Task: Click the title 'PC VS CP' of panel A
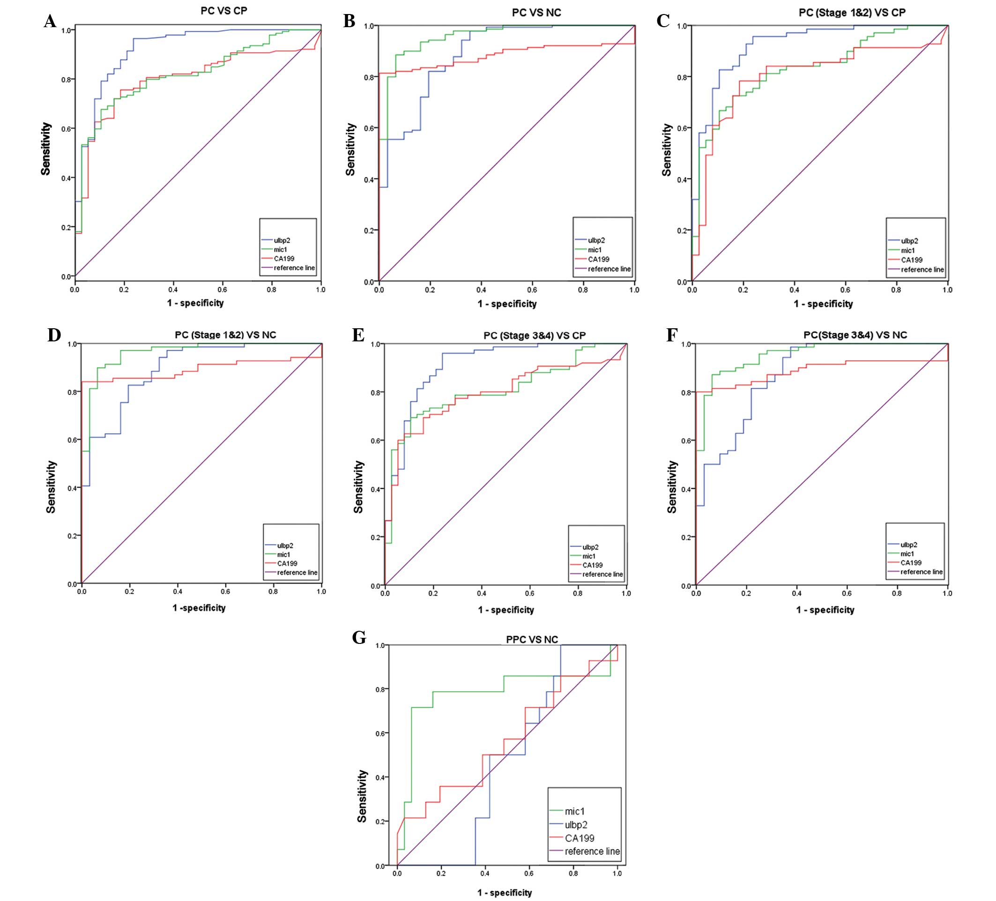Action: [224, 11]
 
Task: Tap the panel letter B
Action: [349, 22]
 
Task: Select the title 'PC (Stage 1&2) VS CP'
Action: [852, 12]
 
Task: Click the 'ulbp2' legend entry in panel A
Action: [282, 241]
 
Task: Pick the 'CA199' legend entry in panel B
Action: [598, 259]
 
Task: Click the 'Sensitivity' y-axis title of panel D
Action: [51, 487]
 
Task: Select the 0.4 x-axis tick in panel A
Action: [173, 289]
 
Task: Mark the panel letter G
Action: [359, 638]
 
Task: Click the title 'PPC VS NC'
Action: [532, 640]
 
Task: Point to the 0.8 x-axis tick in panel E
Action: [578, 593]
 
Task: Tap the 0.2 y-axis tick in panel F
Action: [686, 538]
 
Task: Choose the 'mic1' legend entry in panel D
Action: [283, 554]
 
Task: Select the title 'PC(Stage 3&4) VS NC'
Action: [855, 335]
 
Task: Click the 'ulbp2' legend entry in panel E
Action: [590, 547]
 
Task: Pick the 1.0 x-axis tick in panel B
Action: [634, 290]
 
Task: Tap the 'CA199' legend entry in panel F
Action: [911, 562]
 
